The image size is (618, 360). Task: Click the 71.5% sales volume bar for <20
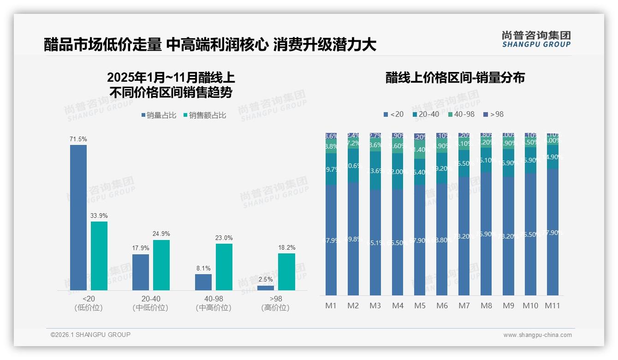click(x=78, y=217)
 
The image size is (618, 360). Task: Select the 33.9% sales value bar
click(x=99, y=256)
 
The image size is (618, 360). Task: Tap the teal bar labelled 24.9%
click(x=161, y=265)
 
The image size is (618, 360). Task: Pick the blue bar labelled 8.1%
click(x=203, y=282)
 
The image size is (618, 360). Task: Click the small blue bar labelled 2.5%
click(x=266, y=288)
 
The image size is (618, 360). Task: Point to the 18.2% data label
click(x=287, y=247)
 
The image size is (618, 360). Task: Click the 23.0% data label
click(x=224, y=238)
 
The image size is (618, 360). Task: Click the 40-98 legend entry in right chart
click(x=461, y=114)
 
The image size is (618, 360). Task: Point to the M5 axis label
click(x=420, y=306)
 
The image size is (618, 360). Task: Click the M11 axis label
click(x=553, y=306)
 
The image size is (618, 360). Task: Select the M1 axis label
click(x=331, y=306)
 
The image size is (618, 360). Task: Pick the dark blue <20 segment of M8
click(x=486, y=234)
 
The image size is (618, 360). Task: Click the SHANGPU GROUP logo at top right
click(x=536, y=39)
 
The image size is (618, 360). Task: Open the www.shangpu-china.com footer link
click(x=537, y=335)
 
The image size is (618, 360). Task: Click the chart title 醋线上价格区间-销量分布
click(x=455, y=78)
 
